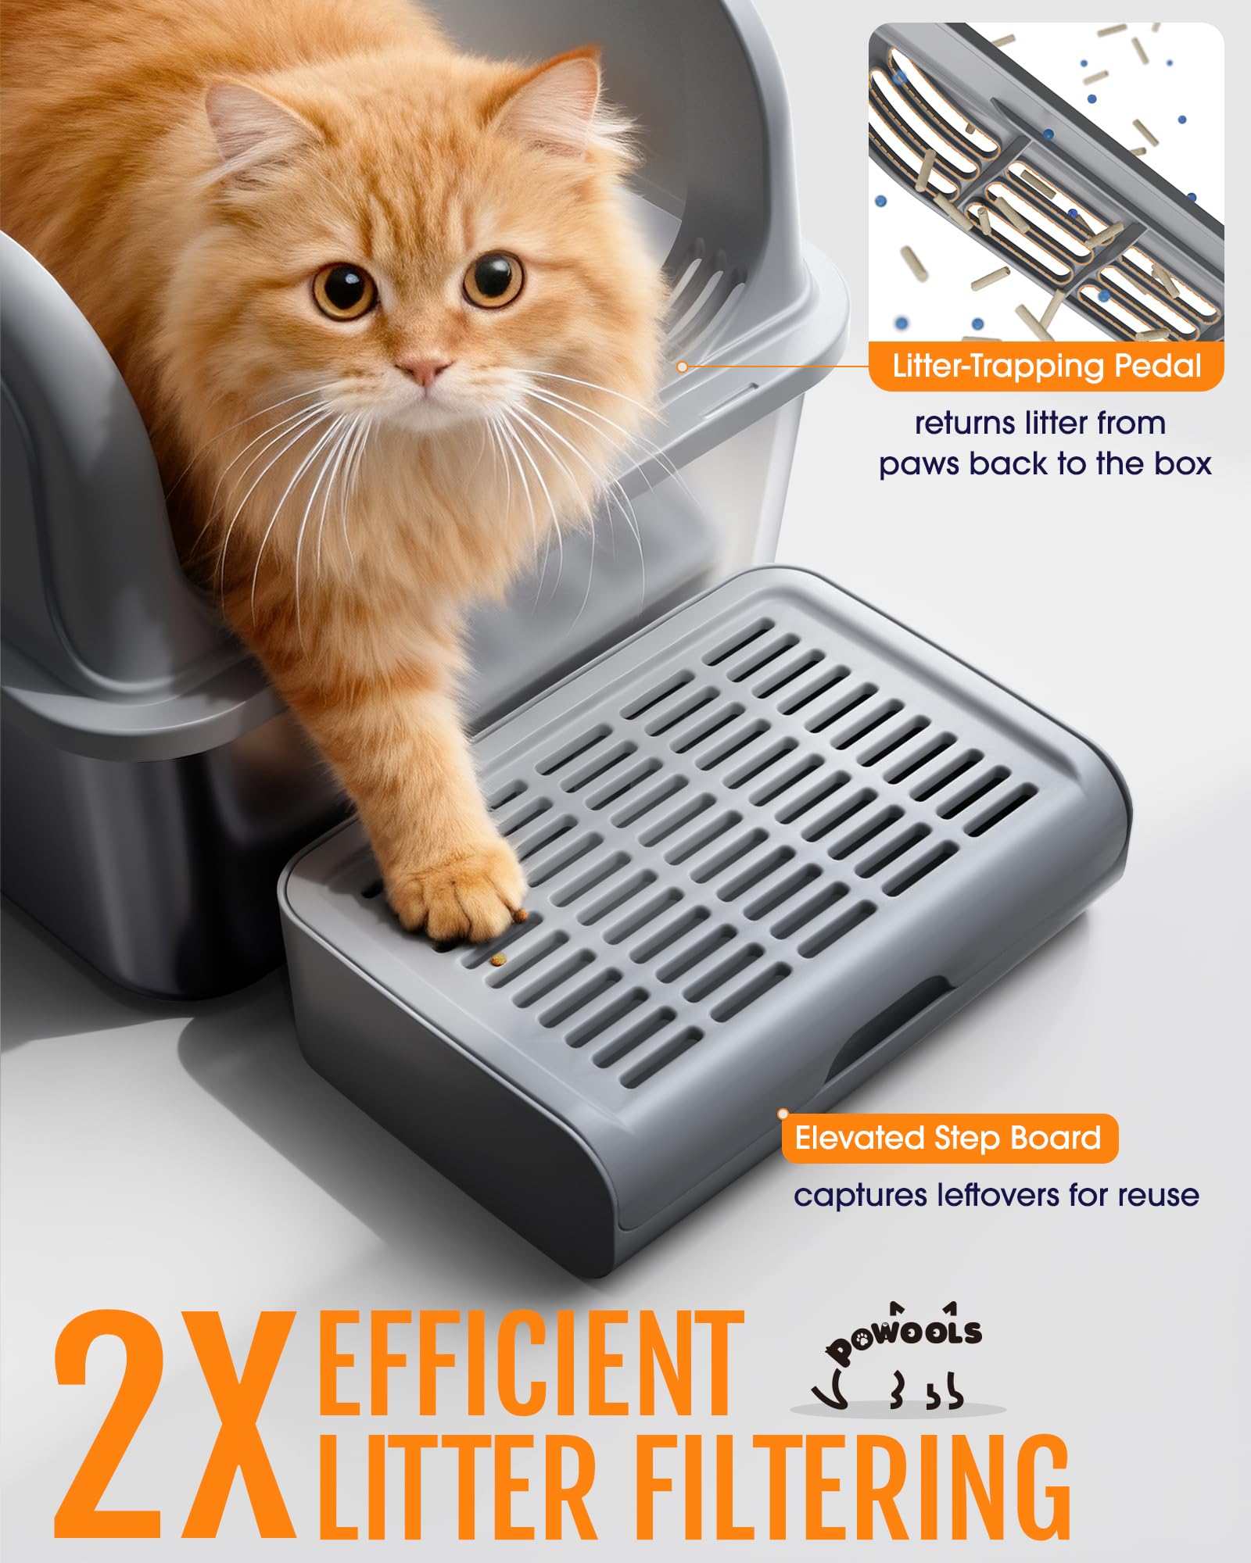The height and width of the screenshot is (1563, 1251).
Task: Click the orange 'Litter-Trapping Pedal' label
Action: [x=1046, y=366]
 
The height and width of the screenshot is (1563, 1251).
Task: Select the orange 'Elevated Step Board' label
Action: [x=948, y=1138]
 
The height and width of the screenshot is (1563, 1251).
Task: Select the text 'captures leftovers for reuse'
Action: [x=996, y=1196]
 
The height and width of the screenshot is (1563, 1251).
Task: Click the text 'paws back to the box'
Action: [x=1045, y=463]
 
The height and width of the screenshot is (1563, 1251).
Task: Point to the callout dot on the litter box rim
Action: [x=682, y=367]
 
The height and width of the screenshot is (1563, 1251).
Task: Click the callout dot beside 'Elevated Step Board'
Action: [x=783, y=1114]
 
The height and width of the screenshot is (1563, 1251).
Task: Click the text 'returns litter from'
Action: [x=1040, y=423]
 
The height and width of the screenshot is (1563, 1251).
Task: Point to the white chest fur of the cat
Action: [x=438, y=469]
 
